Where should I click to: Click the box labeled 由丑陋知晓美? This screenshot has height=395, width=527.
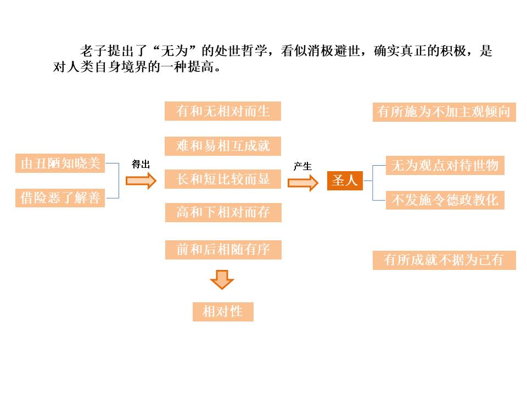(x=60, y=163)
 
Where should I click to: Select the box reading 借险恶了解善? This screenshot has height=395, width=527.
(x=60, y=198)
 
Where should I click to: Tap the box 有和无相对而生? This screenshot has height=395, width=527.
(x=223, y=111)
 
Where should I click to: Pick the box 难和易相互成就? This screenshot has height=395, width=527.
(x=223, y=146)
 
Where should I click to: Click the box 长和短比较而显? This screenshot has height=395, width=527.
(x=223, y=179)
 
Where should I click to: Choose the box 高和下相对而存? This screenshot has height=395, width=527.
(x=223, y=212)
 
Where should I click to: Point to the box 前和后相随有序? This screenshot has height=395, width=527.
(x=223, y=250)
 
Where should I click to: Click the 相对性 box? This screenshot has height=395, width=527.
(x=223, y=312)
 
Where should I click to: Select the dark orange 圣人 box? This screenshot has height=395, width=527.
(x=345, y=180)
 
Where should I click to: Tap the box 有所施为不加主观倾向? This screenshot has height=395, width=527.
(x=444, y=112)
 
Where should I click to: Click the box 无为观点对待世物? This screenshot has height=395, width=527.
(x=445, y=166)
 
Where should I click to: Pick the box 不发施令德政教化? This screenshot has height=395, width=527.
(x=445, y=200)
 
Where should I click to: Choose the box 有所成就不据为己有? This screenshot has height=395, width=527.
(x=444, y=259)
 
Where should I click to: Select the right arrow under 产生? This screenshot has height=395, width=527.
(x=303, y=183)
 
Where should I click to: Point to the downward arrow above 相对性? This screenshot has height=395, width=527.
(x=222, y=279)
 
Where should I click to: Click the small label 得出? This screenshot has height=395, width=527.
(x=141, y=164)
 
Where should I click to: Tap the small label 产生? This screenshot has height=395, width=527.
(x=302, y=166)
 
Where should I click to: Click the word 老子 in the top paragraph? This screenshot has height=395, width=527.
(x=91, y=52)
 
